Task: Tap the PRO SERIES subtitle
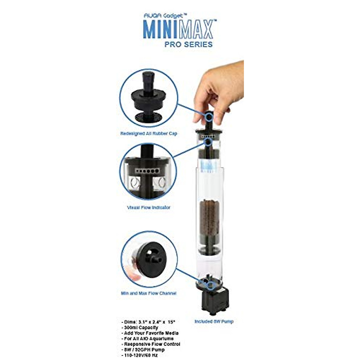(188, 44)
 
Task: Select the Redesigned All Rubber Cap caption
(148, 133)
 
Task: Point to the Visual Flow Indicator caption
(148, 207)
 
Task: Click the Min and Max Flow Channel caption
(148, 293)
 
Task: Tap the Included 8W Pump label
(214, 321)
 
